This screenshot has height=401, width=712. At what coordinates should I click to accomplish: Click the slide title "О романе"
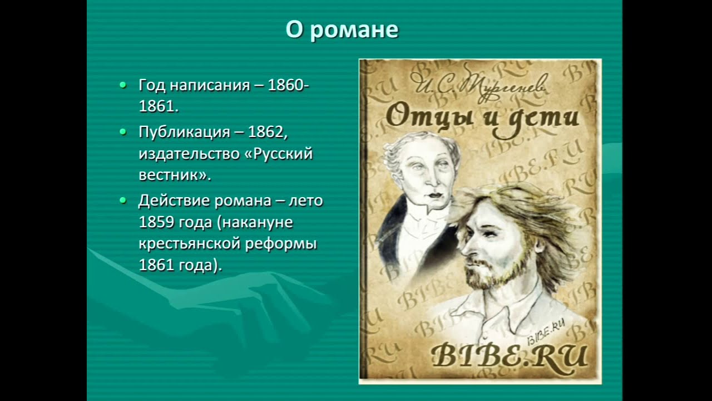pos(342,30)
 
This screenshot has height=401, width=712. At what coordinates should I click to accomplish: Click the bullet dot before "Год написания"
pos(123,85)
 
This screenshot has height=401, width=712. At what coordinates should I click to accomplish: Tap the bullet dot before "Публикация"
pos(123,132)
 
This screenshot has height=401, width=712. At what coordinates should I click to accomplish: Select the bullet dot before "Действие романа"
pos(123,200)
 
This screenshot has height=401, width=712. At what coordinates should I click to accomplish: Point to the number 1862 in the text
pos(266,132)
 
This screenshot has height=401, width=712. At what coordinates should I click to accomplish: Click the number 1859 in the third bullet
pos(157,222)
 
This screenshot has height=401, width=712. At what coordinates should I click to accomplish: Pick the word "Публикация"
pos(184,133)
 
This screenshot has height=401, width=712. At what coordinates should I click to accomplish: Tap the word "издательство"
pos(189,154)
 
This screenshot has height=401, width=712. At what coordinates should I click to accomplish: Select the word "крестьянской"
pos(189,244)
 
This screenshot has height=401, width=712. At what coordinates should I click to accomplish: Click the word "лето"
pos(305,200)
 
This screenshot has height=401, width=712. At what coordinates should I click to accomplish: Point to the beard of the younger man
pos(496,272)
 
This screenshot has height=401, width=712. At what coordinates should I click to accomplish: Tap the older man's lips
pos(436,195)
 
